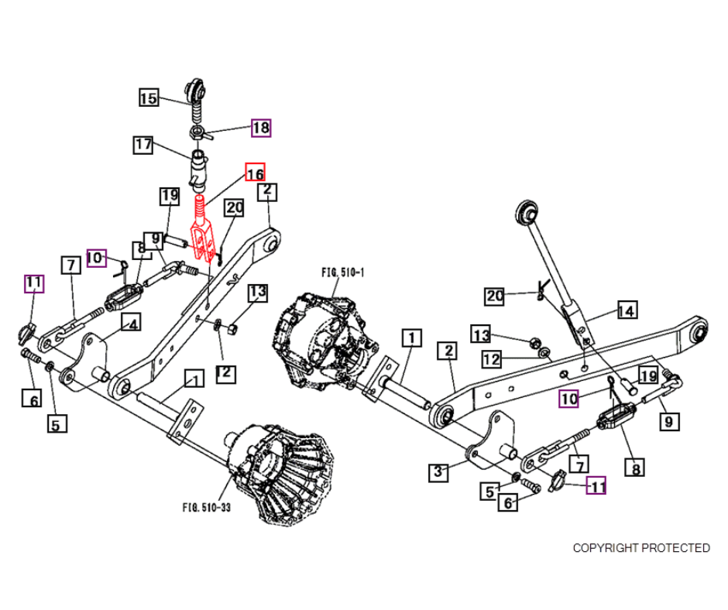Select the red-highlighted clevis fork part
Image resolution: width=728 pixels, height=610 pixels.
pyautogui.click(x=202, y=230)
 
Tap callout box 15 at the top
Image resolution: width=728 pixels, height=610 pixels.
pyautogui.click(x=149, y=98)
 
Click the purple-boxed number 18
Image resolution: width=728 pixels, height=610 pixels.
pyautogui.click(x=261, y=128)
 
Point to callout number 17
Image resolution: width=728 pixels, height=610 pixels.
pyautogui.click(x=143, y=145)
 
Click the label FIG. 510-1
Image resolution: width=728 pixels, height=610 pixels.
pyautogui.click(x=342, y=272)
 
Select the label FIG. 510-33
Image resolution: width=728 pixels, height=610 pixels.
pyautogui.click(x=207, y=507)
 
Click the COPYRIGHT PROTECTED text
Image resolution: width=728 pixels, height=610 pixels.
pyautogui.click(x=641, y=548)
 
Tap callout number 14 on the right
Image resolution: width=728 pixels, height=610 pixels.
pyautogui.click(x=627, y=310)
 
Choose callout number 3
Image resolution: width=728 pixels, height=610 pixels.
pyautogui.click(x=438, y=471)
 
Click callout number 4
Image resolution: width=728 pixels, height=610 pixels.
pyautogui.click(x=131, y=323)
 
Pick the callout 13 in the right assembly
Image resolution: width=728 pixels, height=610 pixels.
pyautogui.click(x=481, y=334)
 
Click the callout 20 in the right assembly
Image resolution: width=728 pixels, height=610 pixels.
pyautogui.click(x=494, y=296)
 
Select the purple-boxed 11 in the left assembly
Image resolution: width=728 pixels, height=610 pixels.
pyautogui.click(x=34, y=283)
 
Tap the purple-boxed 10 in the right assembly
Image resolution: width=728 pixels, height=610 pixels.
pyautogui.click(x=568, y=399)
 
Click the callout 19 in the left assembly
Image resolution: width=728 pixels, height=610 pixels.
pyautogui.click(x=170, y=196)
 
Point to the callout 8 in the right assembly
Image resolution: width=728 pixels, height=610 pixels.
pyautogui.click(x=635, y=468)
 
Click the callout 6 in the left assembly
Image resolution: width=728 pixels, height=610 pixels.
pyautogui.click(x=32, y=399)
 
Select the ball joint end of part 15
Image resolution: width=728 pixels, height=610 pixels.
pyautogui.click(x=194, y=89)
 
